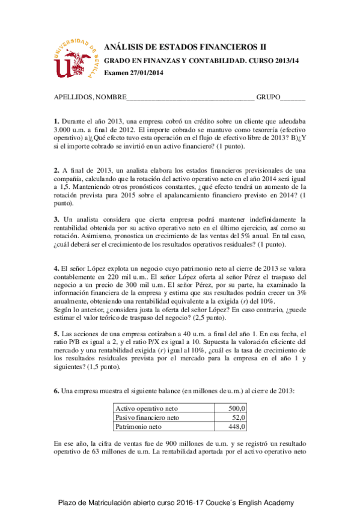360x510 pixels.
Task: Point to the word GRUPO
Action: coord(268,97)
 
